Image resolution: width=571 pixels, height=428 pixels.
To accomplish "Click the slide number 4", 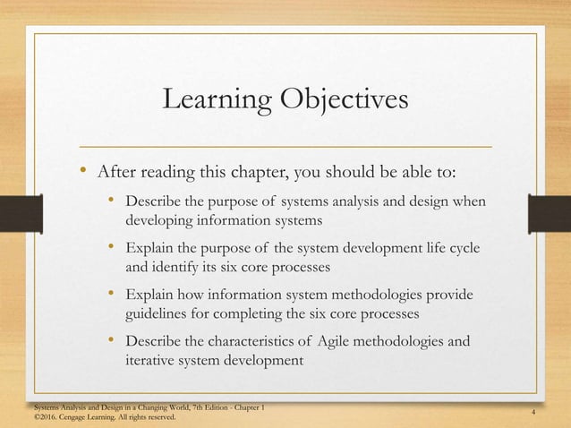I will point(533,412).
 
